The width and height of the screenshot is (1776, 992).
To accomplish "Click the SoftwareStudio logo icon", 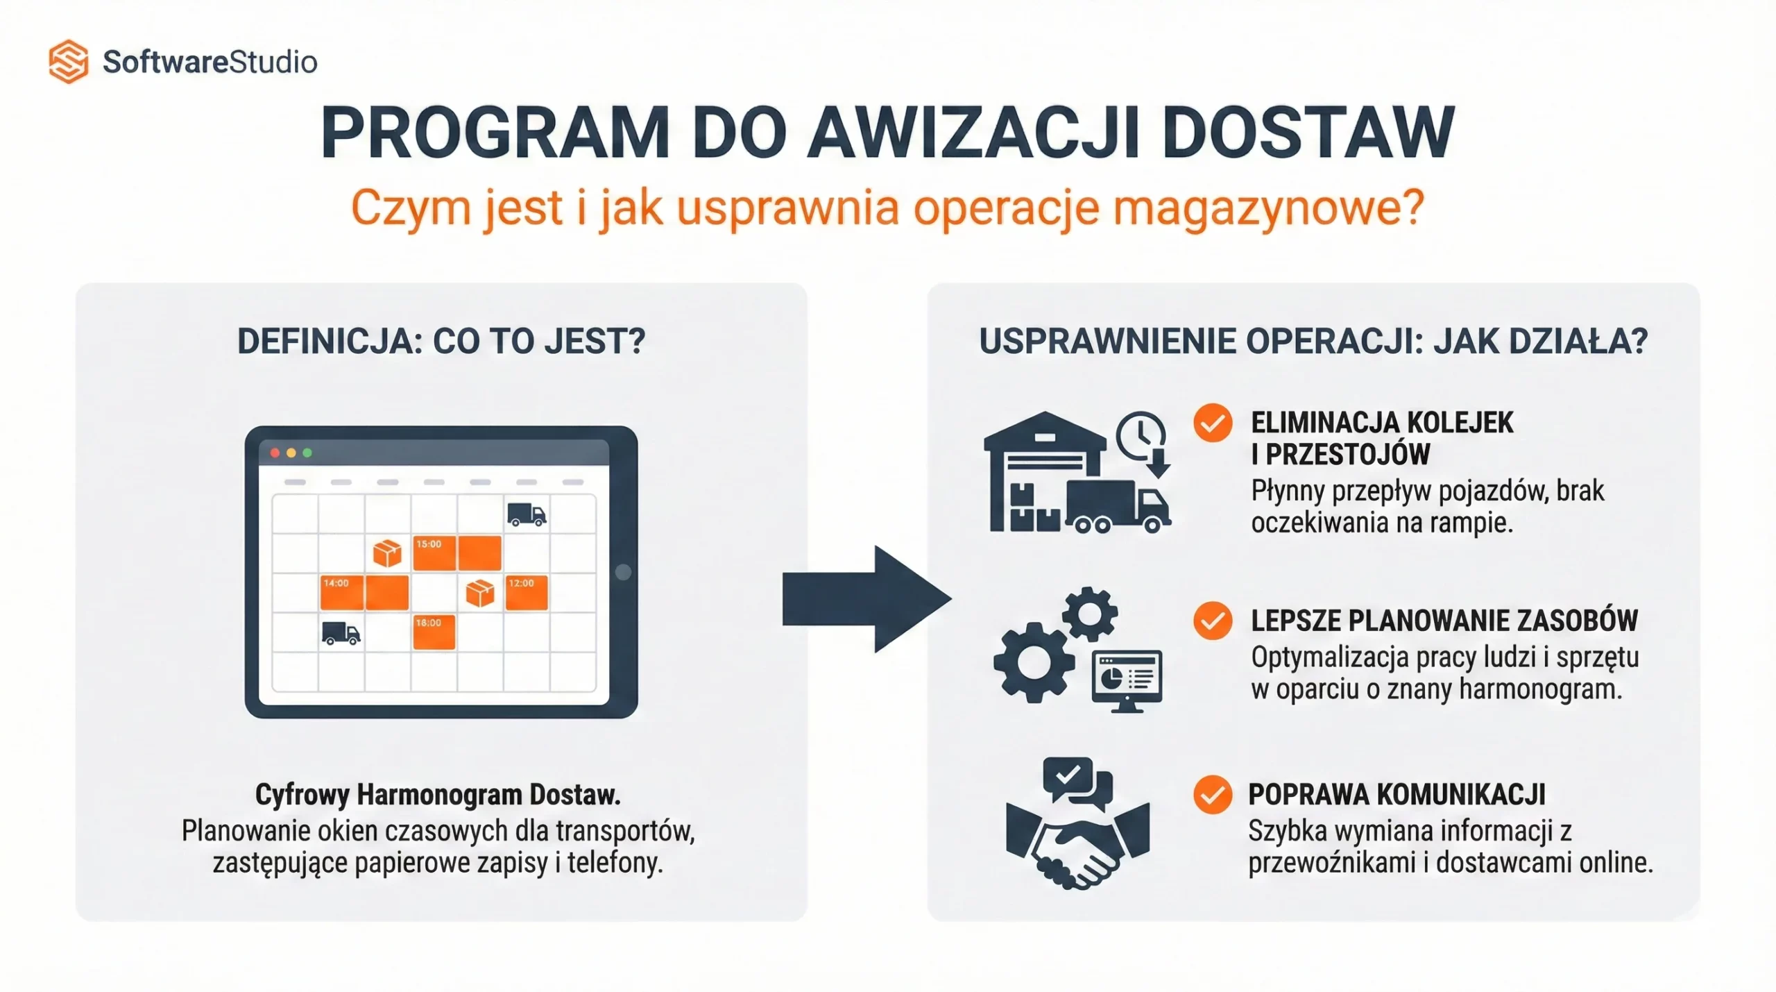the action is coord(68,62).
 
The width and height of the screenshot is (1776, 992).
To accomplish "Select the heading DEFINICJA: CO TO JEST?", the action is coord(441,342).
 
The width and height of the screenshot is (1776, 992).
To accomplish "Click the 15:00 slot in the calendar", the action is coord(434,553).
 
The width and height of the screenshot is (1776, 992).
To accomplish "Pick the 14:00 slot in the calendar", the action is coord(342,592).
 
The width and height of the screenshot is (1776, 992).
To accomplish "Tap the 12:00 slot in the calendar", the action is coord(527,592).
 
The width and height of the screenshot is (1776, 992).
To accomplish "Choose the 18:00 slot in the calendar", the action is coord(434,632).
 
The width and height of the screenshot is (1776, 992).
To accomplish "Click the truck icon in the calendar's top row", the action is coord(527,514).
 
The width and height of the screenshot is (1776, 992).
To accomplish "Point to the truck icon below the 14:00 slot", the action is coord(341,633).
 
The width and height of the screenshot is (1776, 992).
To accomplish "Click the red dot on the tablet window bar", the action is coord(275,453).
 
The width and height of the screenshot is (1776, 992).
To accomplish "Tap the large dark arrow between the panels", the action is coord(866,599).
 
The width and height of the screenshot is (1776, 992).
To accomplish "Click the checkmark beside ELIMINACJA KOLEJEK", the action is coord(1213,423).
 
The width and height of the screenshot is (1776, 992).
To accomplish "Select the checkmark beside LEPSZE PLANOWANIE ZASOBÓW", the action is coord(1213,621).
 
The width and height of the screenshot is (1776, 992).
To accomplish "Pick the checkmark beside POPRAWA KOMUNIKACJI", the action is coord(1213,794).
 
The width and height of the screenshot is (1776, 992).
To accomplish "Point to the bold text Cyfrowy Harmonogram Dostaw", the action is coord(438,795).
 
